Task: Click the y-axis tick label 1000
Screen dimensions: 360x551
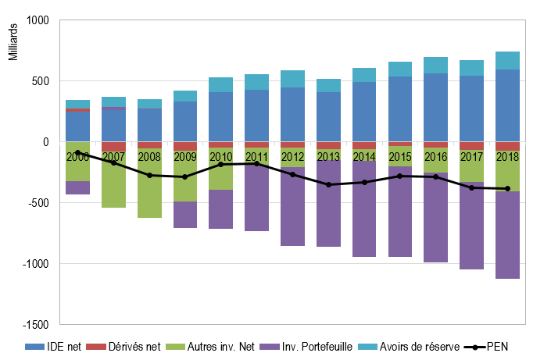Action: coord(37,20)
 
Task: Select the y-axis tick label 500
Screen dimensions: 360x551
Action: coord(40,81)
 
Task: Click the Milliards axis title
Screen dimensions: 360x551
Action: coord(13,42)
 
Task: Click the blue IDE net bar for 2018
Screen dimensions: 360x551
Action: coord(507,105)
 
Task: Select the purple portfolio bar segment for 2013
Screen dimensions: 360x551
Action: coord(328,203)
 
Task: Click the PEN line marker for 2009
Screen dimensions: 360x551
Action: coord(185,176)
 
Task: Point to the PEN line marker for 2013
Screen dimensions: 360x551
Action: coord(328,184)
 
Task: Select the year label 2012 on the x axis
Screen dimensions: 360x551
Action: coord(292,155)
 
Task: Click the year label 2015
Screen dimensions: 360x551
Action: coord(399,155)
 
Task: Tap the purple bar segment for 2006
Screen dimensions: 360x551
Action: coord(77,187)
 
